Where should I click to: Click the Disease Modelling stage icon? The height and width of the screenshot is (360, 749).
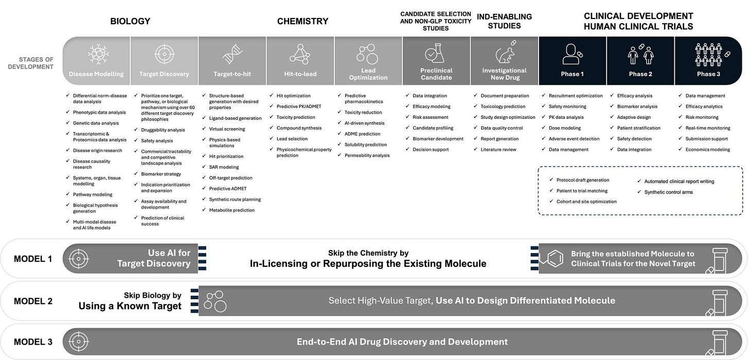pos(96,54)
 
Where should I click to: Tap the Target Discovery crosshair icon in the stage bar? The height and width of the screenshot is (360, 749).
pos(164,54)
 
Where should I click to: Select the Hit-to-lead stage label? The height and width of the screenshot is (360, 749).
pos(300,74)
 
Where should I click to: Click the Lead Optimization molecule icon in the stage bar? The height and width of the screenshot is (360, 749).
pos(368,53)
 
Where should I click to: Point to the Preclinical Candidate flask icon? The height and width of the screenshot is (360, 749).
pos(436,53)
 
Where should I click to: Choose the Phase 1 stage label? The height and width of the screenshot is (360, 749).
pos(572,74)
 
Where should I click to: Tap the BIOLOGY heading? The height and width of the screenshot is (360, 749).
pos(130,21)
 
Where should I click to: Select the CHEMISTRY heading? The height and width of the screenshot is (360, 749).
pos(302,21)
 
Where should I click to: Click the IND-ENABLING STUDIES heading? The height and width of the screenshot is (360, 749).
pos(504,21)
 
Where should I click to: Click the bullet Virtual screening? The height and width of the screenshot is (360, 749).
pos(227,129)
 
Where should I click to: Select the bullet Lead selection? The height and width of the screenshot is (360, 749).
pos(292,139)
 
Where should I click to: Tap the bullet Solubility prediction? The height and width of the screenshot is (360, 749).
pos(365,145)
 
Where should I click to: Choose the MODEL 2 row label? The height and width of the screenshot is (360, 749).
pos(33,301)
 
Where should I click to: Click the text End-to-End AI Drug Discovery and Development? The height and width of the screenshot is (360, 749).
pos(402,341)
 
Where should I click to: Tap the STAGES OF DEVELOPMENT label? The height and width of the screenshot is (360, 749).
pos(30,63)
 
